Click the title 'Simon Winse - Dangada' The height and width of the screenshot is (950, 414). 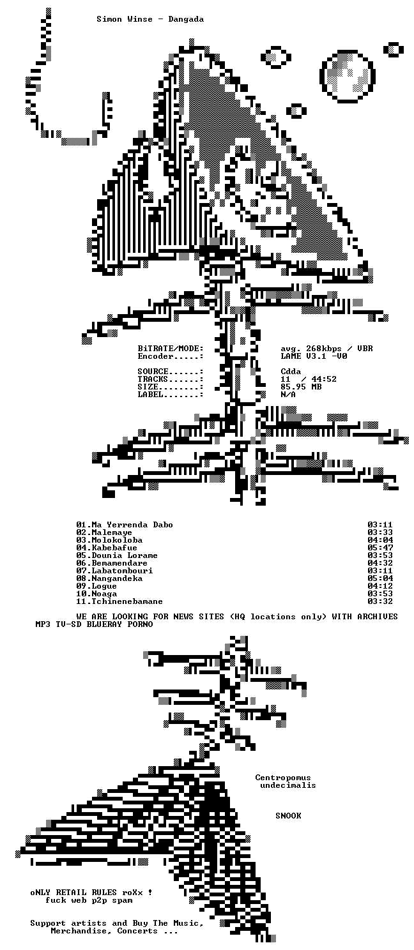(150, 19)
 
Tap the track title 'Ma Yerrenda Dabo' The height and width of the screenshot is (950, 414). (132, 525)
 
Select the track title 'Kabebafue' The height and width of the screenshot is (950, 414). (114, 548)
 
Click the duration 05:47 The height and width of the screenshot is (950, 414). (380, 548)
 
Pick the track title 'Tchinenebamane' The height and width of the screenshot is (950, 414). (127, 601)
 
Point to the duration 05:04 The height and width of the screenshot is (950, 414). (380, 578)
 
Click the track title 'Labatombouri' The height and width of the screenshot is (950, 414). (122, 571)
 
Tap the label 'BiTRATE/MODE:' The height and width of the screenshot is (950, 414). (171, 349)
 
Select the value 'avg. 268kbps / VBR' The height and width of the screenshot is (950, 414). (326, 349)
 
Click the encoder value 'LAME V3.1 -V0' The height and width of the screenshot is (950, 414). (314, 356)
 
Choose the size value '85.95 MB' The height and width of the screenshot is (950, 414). (301, 387)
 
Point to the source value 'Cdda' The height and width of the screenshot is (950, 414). (291, 372)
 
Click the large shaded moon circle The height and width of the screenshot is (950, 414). (348, 77)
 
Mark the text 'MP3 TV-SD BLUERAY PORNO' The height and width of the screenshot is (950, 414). (95, 624)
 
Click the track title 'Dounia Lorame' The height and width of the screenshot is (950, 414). (125, 555)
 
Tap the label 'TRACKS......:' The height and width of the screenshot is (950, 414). (171, 379)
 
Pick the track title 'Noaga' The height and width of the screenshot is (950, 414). (104, 594)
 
